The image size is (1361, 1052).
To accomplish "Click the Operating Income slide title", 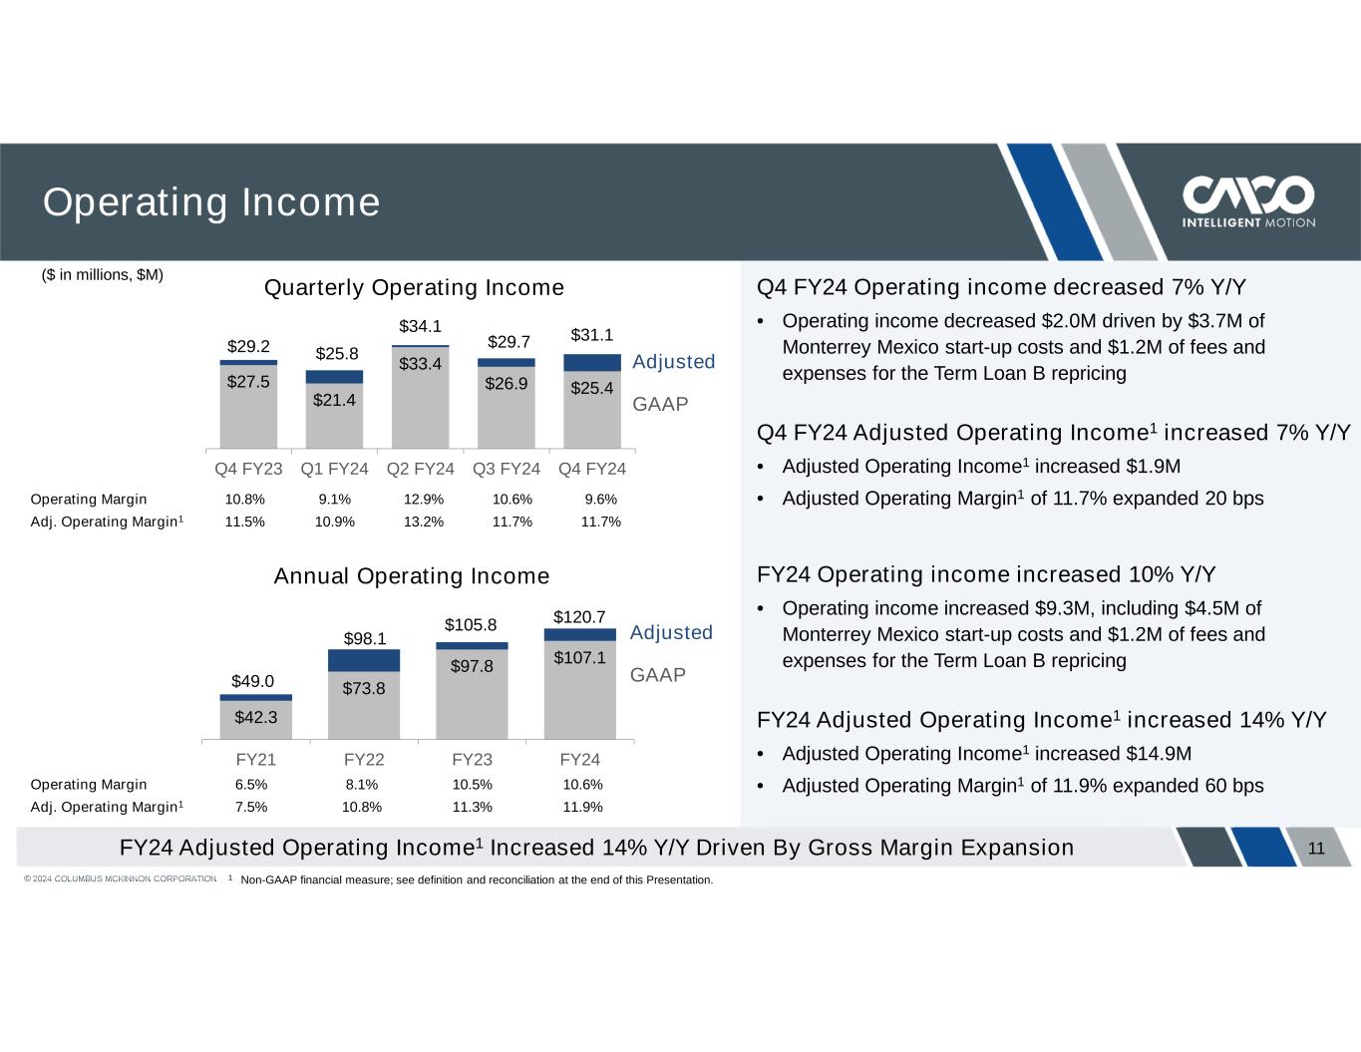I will tap(210, 202).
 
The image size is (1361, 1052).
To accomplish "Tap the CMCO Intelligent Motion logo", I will tap(1247, 202).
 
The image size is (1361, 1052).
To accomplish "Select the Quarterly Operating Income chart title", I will tap(414, 288).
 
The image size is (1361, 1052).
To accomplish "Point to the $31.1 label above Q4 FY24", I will tap(591, 335).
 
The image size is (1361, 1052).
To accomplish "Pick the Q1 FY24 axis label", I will tap(334, 469).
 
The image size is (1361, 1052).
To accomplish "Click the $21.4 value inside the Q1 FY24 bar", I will tap(334, 400).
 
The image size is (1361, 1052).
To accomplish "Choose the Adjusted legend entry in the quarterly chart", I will tap(673, 362).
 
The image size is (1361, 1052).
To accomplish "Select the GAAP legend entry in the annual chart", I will tap(658, 675).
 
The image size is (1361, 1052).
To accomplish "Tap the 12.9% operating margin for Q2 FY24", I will tap(423, 500).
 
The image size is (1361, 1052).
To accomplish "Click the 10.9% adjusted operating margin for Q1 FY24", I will tap(334, 522).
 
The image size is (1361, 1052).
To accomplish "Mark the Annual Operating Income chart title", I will tap(412, 576).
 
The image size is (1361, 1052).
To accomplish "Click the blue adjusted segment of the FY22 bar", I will tap(364, 660).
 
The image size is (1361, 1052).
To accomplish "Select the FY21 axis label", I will tap(255, 760).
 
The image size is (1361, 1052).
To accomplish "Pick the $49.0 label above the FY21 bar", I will tap(252, 682).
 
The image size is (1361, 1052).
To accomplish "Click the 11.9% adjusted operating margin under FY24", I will tap(582, 807).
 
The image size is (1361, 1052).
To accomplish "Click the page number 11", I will tap(1316, 849).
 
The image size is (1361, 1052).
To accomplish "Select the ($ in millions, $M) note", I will tap(103, 274).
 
